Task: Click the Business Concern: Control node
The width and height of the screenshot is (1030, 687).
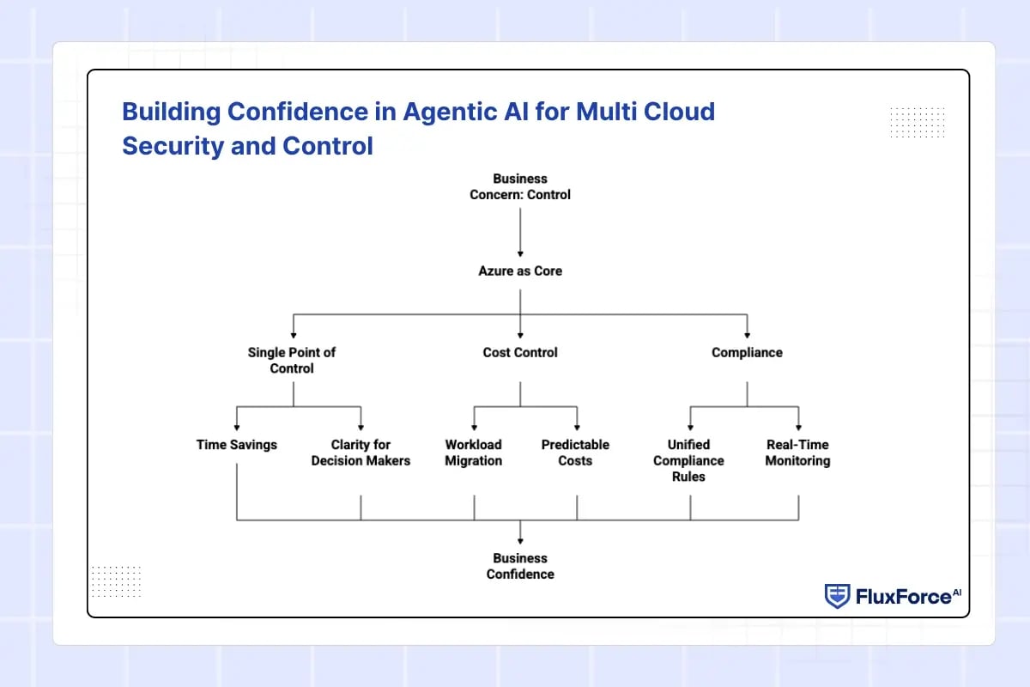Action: (x=520, y=187)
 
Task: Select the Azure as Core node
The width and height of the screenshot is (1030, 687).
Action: (x=520, y=271)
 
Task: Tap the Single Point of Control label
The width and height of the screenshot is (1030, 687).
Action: (x=292, y=361)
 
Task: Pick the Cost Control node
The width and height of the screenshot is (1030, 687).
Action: (x=520, y=352)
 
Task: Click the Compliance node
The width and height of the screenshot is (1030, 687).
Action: (x=748, y=352)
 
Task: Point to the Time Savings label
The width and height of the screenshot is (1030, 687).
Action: (x=237, y=445)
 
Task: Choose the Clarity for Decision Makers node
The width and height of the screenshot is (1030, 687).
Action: (x=361, y=453)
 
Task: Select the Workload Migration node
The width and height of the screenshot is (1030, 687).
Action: (x=474, y=453)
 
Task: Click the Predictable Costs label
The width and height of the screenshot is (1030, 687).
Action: (x=575, y=453)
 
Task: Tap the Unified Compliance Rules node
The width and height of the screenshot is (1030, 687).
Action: (x=688, y=460)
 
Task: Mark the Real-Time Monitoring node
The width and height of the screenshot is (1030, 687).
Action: (x=797, y=453)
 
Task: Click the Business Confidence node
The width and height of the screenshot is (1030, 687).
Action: (x=520, y=566)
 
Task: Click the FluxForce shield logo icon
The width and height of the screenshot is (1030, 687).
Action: (x=837, y=596)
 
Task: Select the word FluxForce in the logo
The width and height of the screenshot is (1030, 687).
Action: (x=904, y=597)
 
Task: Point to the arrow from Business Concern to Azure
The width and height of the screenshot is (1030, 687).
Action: (x=520, y=233)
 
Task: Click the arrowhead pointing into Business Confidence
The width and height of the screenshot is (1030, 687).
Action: (x=520, y=541)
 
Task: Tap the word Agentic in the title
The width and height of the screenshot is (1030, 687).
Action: (x=465, y=112)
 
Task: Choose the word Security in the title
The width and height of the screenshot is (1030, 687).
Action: (x=173, y=146)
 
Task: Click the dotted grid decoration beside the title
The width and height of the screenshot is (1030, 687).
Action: (x=918, y=123)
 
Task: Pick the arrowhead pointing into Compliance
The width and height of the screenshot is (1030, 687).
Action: (x=748, y=336)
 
